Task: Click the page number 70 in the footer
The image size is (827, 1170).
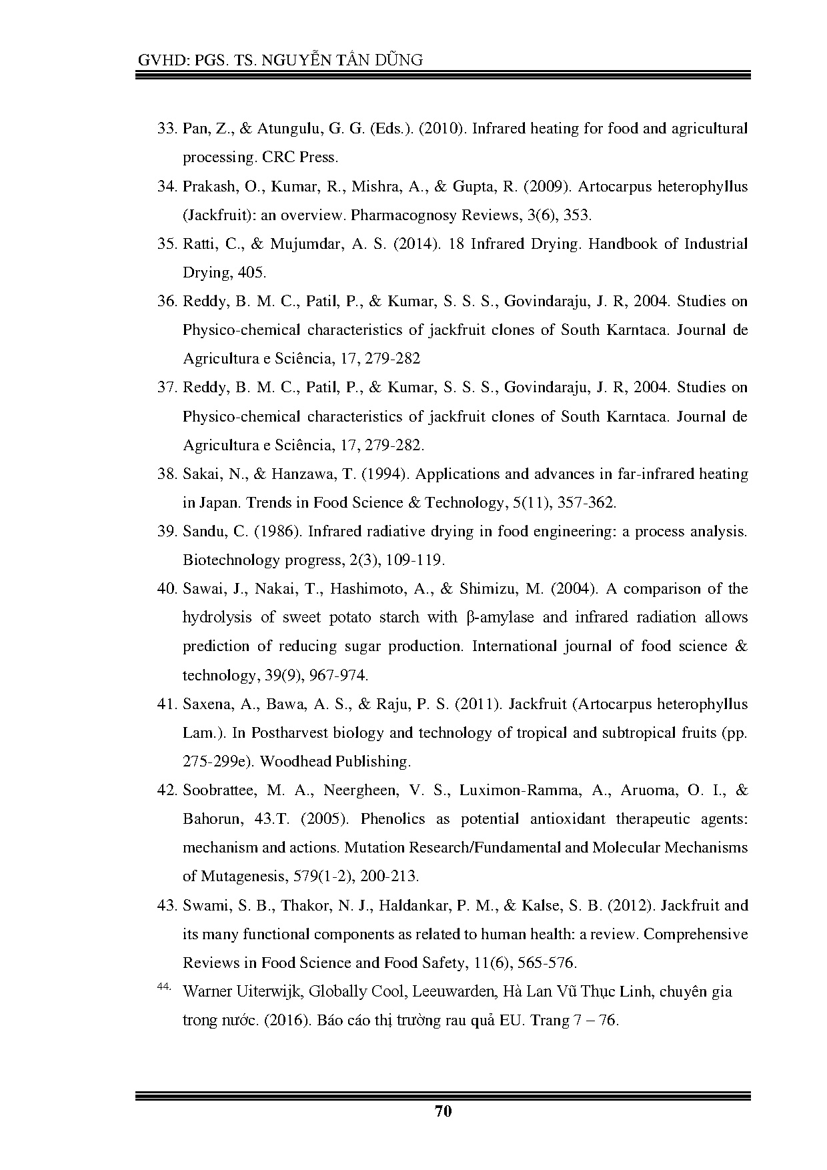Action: pyautogui.click(x=443, y=1111)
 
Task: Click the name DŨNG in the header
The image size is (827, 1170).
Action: pyautogui.click(x=399, y=60)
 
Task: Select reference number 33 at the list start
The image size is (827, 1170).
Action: pyautogui.click(x=165, y=129)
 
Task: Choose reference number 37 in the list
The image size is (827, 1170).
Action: pyautogui.click(x=165, y=388)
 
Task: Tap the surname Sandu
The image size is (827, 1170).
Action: pyautogui.click(x=203, y=532)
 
